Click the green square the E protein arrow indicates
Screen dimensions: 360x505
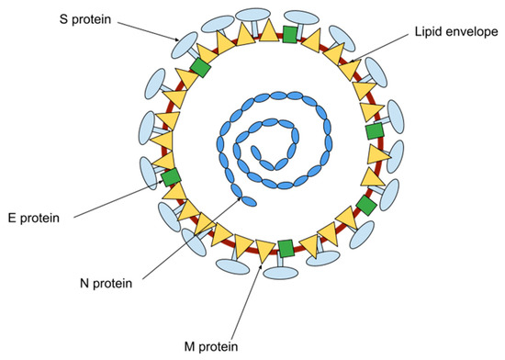pos(172,176)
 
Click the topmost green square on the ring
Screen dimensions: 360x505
pos(290,34)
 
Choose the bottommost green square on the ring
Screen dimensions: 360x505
pos(286,248)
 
